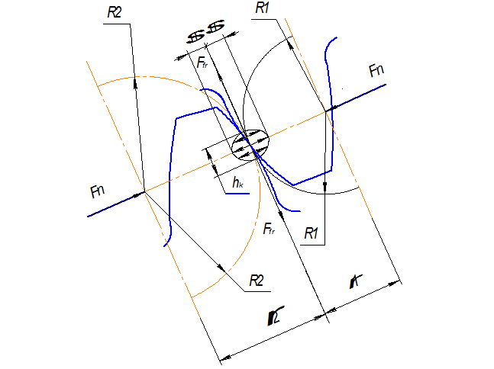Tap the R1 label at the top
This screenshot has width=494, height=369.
pos(263,8)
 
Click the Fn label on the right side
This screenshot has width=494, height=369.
pos(376,71)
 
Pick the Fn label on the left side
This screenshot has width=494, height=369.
pos(97,191)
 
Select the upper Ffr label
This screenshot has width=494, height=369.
pos(202,63)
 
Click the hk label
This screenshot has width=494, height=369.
pos(238,182)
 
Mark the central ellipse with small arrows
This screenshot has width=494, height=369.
pos(251,144)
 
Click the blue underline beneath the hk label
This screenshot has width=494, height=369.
pos(237,194)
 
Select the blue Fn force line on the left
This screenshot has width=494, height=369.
pos(115,204)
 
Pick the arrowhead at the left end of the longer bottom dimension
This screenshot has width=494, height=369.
pos(223,355)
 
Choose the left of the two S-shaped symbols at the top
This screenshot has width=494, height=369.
pos(197,35)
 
